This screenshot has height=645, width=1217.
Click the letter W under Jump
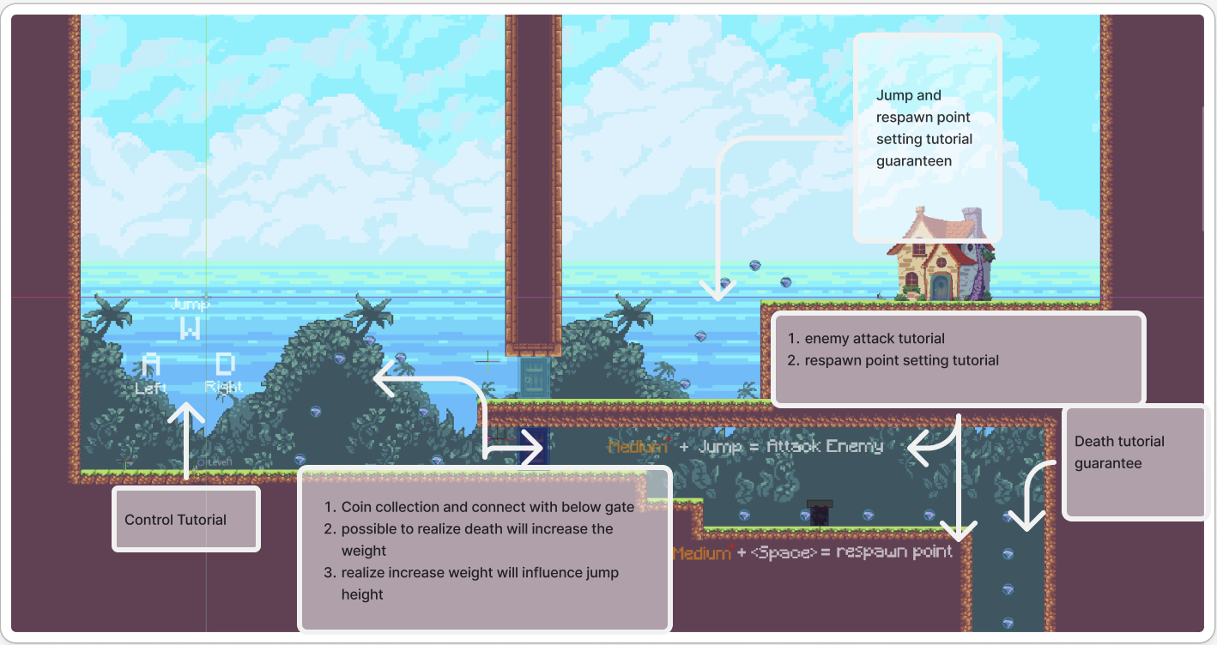[x=190, y=328]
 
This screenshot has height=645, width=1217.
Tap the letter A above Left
[x=150, y=366]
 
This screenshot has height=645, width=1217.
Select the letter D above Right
[x=225, y=365]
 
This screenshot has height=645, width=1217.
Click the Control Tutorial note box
[x=185, y=519]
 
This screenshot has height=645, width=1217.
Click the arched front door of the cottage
[x=941, y=286]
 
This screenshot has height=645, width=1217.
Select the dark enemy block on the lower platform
[x=820, y=513]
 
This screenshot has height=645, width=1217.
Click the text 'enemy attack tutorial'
[x=875, y=339]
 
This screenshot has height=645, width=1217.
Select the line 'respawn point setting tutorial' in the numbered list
[x=901, y=360]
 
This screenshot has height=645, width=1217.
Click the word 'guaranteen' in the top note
[x=914, y=160]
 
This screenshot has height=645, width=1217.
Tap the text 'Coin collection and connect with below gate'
[x=487, y=507]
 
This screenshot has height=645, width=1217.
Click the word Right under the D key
[x=224, y=387]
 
